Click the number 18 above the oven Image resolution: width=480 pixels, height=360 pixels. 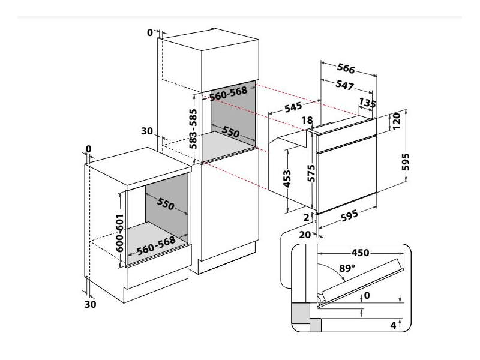(x=307, y=120)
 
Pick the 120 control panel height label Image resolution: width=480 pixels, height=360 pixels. (x=397, y=124)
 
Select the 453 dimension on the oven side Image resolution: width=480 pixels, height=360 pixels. (x=288, y=179)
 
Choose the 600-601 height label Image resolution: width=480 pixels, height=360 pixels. (x=120, y=232)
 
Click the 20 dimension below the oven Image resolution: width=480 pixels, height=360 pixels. (x=304, y=235)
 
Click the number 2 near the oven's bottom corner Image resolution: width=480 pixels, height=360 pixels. (x=306, y=217)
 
